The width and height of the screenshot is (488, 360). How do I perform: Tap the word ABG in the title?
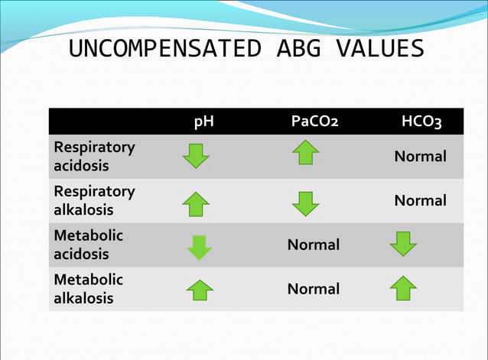coord(291,49)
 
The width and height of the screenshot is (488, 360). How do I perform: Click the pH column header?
coord(203,122)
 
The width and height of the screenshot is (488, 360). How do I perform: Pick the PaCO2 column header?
coord(314,122)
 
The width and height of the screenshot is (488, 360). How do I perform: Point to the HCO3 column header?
coord(421,122)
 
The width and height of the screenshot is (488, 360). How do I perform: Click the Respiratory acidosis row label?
coord(93,156)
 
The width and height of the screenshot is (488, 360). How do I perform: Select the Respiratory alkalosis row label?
coord(93,200)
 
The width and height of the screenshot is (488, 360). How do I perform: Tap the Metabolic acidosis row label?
coord(88,245)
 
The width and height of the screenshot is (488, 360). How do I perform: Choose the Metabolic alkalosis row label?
coord(88,289)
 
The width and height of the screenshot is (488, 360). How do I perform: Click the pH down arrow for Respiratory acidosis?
coord(195,157)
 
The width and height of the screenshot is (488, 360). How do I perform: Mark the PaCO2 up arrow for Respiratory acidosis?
coord(305,152)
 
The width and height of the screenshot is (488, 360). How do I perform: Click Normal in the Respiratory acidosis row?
coord(420,157)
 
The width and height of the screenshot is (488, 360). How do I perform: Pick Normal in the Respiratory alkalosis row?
coord(420,201)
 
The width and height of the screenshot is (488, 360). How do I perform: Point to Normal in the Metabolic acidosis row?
coord(313,245)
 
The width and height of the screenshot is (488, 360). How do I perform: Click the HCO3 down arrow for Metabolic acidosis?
coord(403,244)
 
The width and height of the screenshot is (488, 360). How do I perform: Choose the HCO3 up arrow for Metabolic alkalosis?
coord(403,288)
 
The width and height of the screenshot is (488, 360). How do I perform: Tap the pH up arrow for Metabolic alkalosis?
coord(200,290)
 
